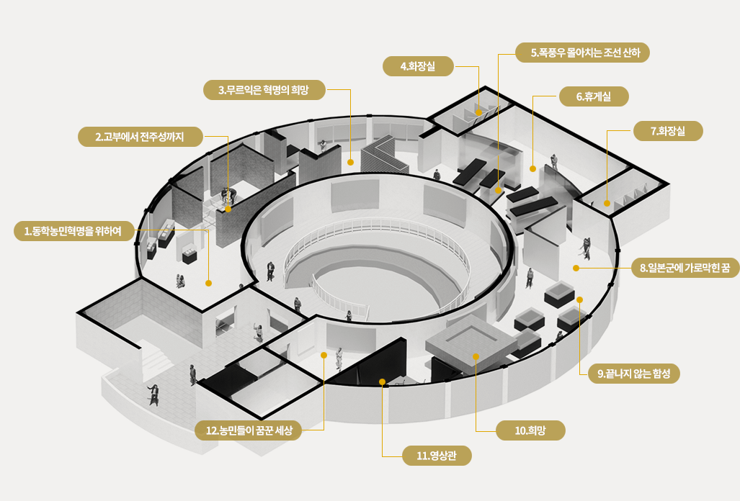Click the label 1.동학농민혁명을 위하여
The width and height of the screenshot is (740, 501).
click(x=73, y=231)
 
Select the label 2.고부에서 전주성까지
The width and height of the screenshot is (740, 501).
click(x=141, y=137)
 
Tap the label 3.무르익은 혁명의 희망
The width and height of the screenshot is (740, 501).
click(x=264, y=89)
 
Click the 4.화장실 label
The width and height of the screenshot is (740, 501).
click(x=418, y=66)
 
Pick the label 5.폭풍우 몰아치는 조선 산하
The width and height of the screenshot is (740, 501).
click(x=582, y=53)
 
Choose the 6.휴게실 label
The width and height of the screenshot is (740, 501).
click(x=594, y=96)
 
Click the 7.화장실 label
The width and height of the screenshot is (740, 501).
click(x=668, y=130)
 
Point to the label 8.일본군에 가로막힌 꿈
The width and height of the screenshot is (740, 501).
click(x=685, y=268)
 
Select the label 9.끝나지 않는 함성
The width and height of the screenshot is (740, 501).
click(x=634, y=374)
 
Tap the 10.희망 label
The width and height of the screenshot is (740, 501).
click(x=530, y=430)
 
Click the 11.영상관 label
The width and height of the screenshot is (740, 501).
click(x=437, y=456)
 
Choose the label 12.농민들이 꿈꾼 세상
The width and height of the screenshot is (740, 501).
click(x=249, y=430)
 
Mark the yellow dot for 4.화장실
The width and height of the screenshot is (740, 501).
click(x=478, y=112)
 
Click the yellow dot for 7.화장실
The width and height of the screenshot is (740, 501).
click(x=607, y=204)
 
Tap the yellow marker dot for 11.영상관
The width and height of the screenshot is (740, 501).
click(x=383, y=382)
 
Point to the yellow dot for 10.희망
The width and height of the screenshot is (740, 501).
click(x=476, y=357)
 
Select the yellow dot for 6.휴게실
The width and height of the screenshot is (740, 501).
click(x=532, y=168)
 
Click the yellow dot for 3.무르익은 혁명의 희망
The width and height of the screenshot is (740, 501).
click(x=350, y=162)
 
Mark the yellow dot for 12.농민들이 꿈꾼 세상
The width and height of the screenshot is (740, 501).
click(x=324, y=355)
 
